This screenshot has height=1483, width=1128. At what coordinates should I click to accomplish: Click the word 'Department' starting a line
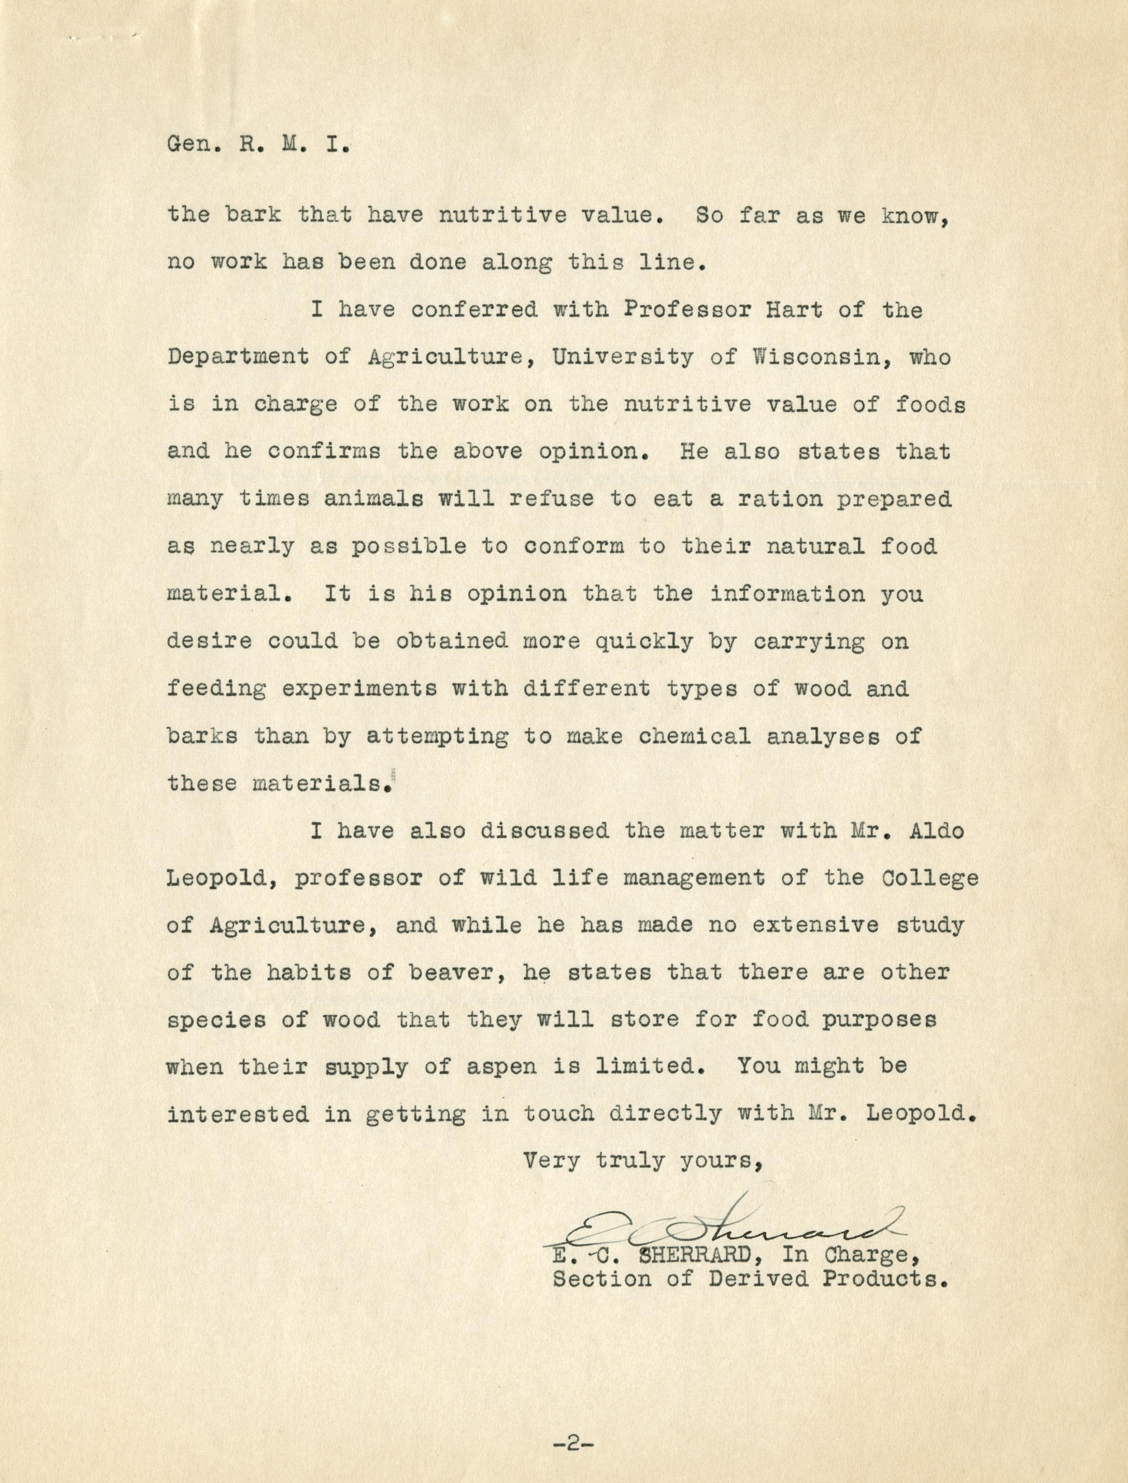point(238,358)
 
